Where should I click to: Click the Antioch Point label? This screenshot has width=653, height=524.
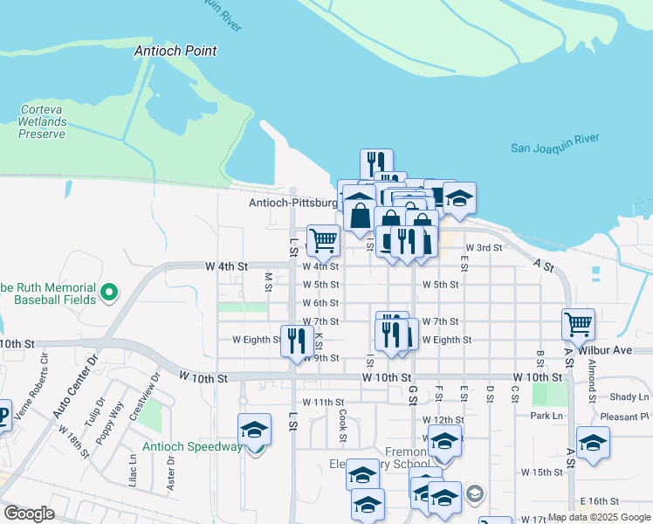(x=175, y=52)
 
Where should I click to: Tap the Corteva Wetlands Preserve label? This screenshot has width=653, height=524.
(x=43, y=122)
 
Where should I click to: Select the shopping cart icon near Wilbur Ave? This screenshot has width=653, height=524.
(x=579, y=325)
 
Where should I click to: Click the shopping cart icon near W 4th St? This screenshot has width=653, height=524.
(x=323, y=240)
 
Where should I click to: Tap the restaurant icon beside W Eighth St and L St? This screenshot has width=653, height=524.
(x=297, y=340)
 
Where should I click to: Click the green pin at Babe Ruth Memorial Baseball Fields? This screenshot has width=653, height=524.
(x=109, y=292)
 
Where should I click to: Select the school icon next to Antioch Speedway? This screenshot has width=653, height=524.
(x=254, y=430)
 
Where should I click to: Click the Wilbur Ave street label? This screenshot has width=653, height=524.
(x=610, y=350)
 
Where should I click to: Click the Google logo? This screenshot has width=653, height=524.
(x=29, y=514)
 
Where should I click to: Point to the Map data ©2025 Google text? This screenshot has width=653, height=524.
(x=598, y=518)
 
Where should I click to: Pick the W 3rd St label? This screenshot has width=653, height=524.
(x=484, y=247)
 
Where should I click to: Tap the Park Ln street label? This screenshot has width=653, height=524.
(x=546, y=416)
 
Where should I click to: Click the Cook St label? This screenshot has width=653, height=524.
(x=343, y=426)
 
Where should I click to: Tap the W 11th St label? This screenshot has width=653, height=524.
(x=324, y=402)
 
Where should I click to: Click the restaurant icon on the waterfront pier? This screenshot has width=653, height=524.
(x=376, y=163)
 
